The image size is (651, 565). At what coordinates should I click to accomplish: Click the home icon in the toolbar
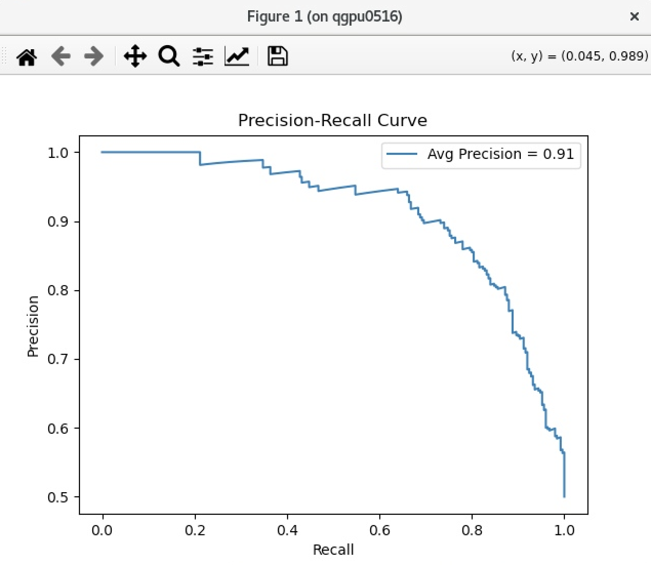(27, 56)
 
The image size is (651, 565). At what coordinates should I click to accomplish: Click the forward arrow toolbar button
(94, 56)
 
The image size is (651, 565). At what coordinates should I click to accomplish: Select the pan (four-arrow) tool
(135, 56)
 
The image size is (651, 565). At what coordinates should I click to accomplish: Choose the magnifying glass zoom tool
(169, 56)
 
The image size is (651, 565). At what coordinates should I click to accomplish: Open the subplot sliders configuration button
(203, 56)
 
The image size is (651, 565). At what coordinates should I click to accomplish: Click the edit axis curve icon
(237, 56)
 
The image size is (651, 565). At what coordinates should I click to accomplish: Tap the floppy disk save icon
(277, 56)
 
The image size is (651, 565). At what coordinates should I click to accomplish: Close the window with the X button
(634, 17)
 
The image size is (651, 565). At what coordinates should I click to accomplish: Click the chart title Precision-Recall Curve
(332, 120)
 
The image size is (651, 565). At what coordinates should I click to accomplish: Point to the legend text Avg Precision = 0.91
(500, 154)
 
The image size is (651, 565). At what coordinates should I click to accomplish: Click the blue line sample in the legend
(401, 154)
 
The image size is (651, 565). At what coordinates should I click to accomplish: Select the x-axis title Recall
(333, 550)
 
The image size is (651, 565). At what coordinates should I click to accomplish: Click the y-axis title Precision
(33, 326)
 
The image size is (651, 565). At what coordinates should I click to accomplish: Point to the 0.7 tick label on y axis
(58, 359)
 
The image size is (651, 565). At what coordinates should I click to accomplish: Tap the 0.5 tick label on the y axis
(58, 497)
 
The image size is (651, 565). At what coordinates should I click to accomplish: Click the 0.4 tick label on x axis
(287, 530)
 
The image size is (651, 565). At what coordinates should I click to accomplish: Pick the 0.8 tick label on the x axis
(472, 530)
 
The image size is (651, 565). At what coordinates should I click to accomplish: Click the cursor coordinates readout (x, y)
(579, 56)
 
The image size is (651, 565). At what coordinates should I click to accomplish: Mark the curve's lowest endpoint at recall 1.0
(564, 496)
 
